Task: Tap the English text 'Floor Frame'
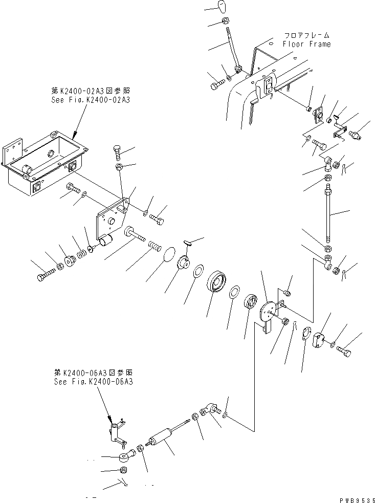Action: pos(306,44)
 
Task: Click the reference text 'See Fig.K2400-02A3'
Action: pos(91,100)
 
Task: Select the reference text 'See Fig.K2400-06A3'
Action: pos(94,382)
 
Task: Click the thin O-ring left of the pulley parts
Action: pos(171,254)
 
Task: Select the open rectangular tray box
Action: pos(46,161)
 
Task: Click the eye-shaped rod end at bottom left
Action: pos(124,456)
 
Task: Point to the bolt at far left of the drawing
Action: pos(43,277)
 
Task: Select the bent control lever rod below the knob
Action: pos(231,49)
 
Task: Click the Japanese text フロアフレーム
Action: pos(307,35)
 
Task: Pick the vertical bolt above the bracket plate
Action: pos(117,151)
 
